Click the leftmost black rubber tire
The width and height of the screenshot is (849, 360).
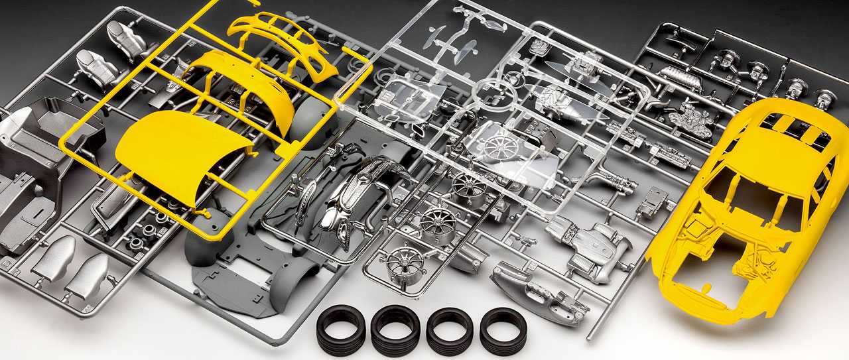click(341, 330)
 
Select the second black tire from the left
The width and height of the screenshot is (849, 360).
click(395, 330)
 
